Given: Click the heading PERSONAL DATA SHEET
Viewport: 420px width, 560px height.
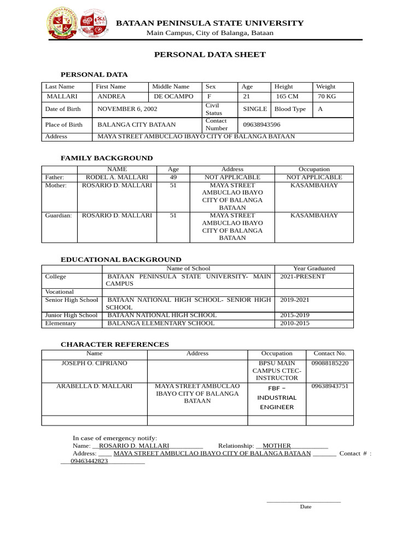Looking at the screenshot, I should click(x=209, y=55).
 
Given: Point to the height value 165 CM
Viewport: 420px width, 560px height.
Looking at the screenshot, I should click(x=287, y=96).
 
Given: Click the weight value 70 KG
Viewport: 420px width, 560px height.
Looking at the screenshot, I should click(x=326, y=96).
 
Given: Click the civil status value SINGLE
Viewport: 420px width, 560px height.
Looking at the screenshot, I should click(x=255, y=109).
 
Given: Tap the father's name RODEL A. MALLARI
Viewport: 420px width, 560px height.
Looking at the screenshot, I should click(x=117, y=177).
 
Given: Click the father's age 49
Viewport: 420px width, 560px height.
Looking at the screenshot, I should click(x=173, y=177).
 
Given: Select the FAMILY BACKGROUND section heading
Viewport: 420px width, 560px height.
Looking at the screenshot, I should click(x=107, y=158).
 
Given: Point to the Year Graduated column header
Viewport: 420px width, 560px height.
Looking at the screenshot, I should click(x=314, y=269).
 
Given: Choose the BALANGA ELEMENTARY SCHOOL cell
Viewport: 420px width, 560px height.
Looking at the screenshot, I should click(x=161, y=323).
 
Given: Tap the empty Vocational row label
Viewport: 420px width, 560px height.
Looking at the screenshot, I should click(x=59, y=292).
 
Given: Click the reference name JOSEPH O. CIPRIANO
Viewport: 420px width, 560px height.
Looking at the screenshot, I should click(x=95, y=363).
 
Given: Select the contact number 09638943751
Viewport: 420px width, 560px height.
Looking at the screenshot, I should click(x=329, y=386).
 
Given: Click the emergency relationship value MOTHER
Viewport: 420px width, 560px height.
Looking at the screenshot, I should click(x=277, y=446).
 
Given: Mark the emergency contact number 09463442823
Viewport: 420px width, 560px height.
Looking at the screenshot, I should click(x=89, y=461).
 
